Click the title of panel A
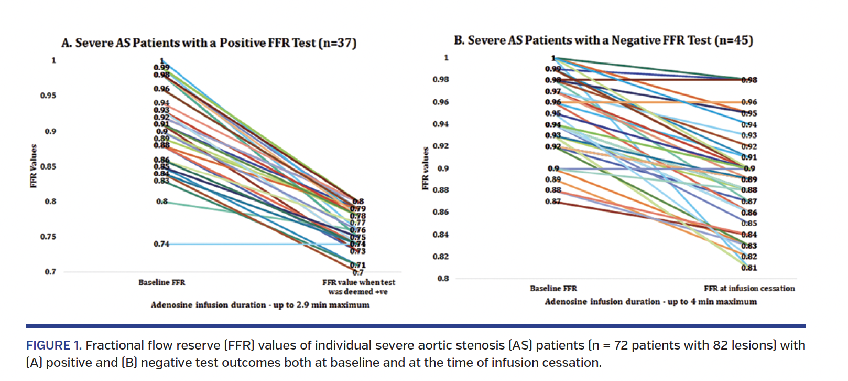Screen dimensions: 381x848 pyautogui.click(x=209, y=43)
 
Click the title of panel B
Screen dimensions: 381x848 pyautogui.click(x=603, y=40)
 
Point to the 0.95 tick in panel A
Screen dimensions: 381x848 pyautogui.click(x=48, y=96)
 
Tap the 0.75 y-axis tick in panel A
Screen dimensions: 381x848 pyautogui.click(x=48, y=237)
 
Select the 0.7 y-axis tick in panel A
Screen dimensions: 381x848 pyautogui.click(x=50, y=272)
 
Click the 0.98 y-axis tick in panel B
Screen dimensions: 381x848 pyautogui.click(x=441, y=80)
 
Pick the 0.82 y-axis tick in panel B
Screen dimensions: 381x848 pyautogui.click(x=441, y=257)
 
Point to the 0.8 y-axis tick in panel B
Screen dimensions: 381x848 pyautogui.click(x=443, y=279)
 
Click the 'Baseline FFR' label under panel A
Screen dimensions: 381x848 pyautogui.click(x=161, y=282)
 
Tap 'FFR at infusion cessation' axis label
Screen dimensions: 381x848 pyautogui.click(x=749, y=289)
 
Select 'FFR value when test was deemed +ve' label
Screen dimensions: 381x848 pyautogui.click(x=358, y=287)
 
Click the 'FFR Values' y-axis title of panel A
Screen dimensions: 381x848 pyautogui.click(x=34, y=166)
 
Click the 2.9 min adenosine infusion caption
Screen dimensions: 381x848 pyautogui.click(x=260, y=305)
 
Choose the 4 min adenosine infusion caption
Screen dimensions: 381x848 pyautogui.click(x=650, y=302)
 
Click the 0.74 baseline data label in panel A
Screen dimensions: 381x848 pyautogui.click(x=161, y=244)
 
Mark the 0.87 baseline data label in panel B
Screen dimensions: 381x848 pyautogui.click(x=552, y=201)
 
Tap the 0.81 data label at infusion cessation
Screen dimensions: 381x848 pyautogui.click(x=749, y=268)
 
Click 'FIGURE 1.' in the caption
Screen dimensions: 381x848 pyautogui.click(x=53, y=345)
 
